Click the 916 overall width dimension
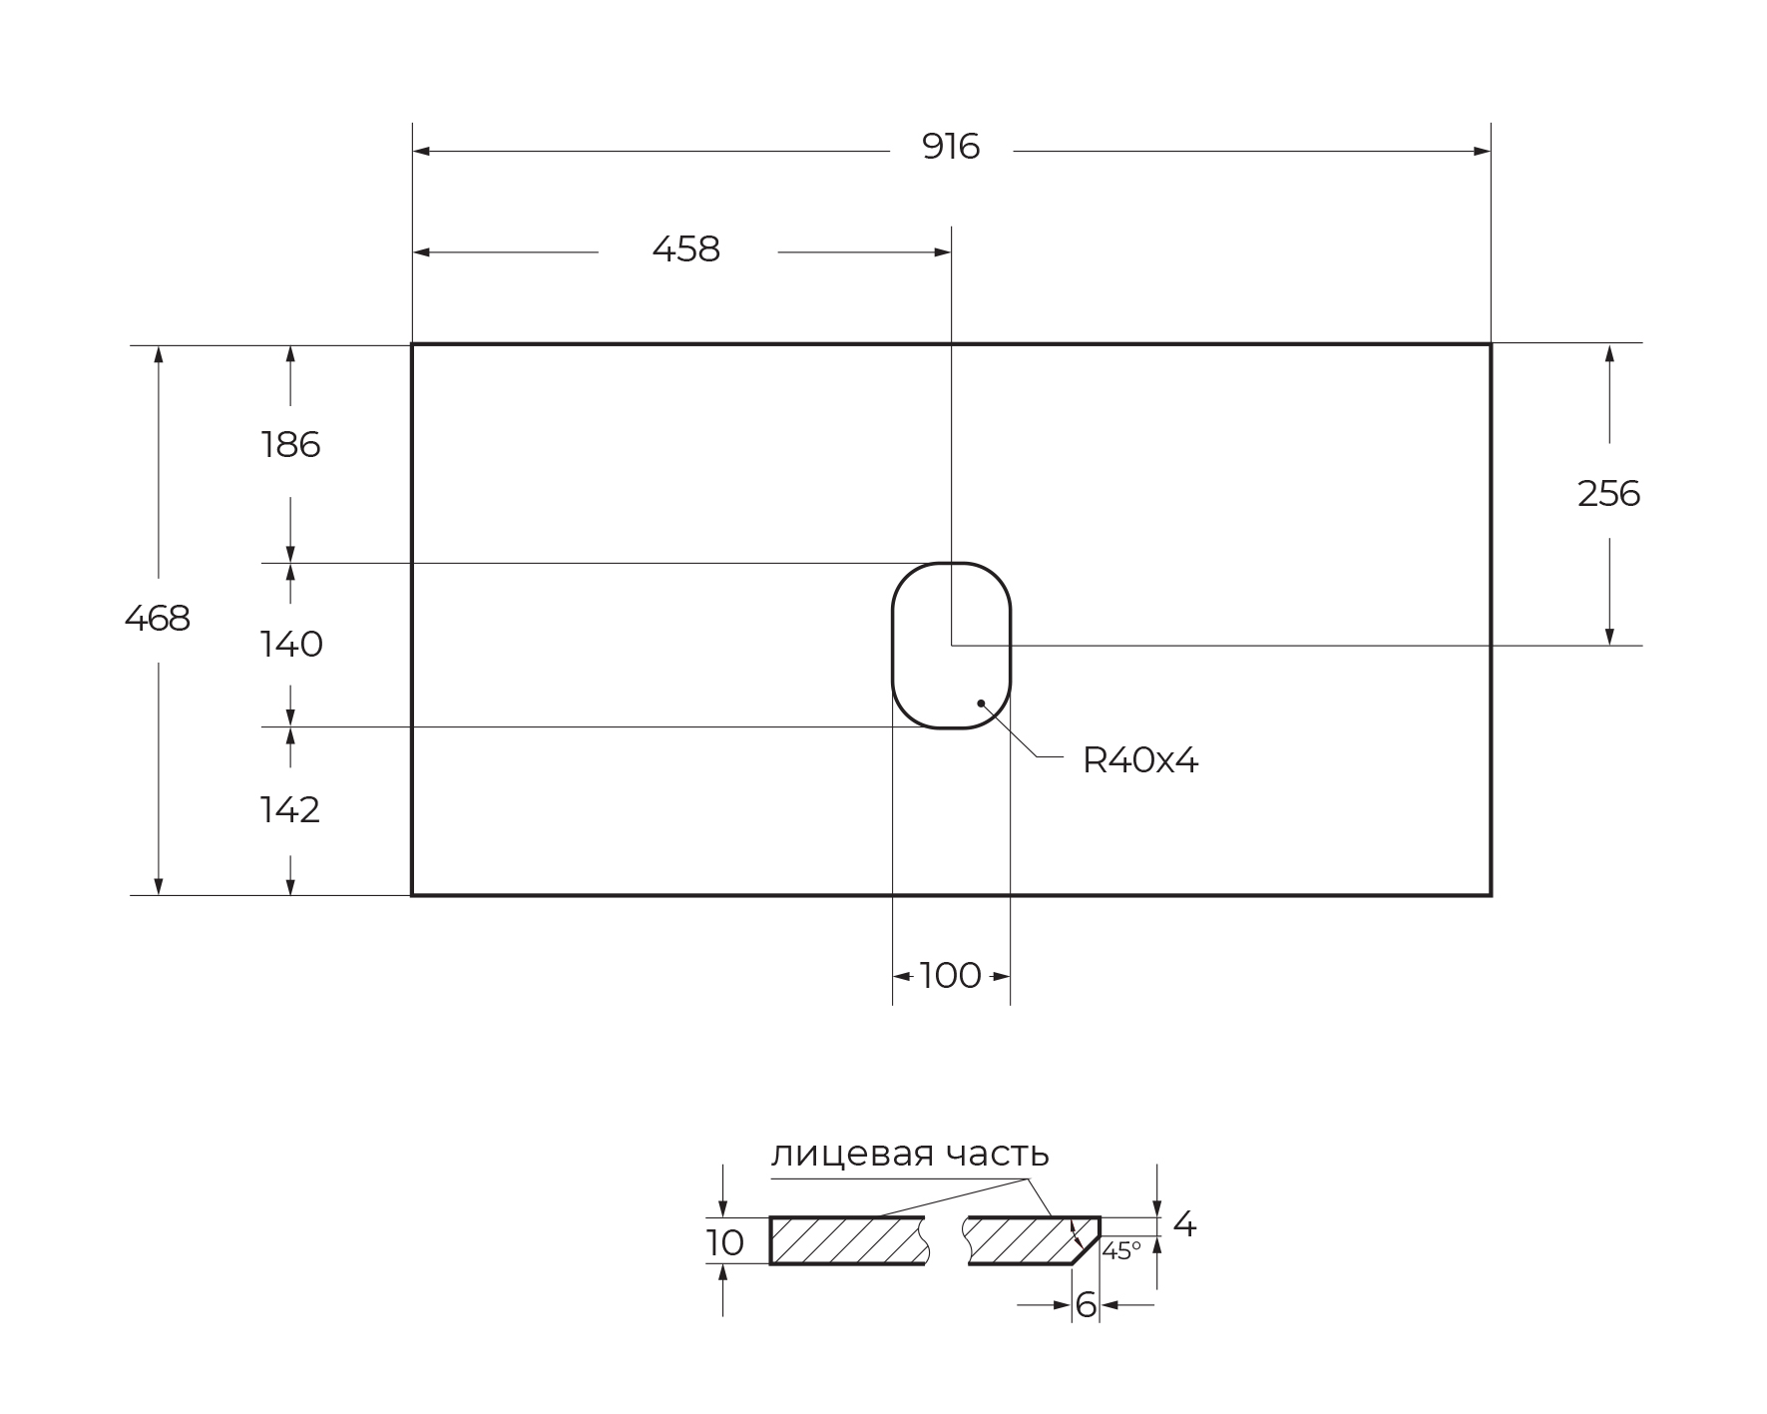coord(951,148)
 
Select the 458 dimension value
coord(685,249)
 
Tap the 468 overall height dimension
coord(158,620)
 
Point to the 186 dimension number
coord(290,445)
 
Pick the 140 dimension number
coord(291,645)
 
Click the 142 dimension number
coord(290,810)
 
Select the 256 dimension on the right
coord(1608,494)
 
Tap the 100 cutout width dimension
coord(950,976)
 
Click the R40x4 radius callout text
coord(1140,761)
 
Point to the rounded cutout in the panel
coord(893,646)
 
